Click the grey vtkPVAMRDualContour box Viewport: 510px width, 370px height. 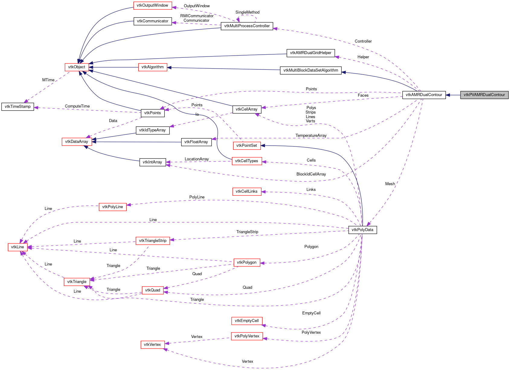point(484,95)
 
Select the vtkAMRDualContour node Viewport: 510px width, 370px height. point(424,95)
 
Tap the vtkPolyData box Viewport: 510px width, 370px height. point(362,230)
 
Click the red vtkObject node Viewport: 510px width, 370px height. point(77,67)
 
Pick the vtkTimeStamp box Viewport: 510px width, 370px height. point(18,107)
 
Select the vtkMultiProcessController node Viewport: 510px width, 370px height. point(247,26)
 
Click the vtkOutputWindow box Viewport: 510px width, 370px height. point(152,5)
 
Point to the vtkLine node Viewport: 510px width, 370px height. point(18,247)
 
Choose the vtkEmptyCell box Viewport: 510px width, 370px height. point(247,321)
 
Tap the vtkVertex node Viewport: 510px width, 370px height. point(152,345)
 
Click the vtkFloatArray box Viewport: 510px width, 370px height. point(196,142)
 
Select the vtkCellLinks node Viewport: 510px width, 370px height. point(246,191)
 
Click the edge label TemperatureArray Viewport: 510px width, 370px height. point(311,136)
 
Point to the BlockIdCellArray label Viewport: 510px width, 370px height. point(311,174)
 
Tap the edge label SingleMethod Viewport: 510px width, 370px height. point(247,12)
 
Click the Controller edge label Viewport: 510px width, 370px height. point(363,41)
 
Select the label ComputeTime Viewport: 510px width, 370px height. point(77,106)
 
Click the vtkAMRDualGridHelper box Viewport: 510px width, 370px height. point(310,53)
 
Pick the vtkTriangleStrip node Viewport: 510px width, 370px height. point(152,241)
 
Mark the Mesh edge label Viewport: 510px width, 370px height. point(390,184)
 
